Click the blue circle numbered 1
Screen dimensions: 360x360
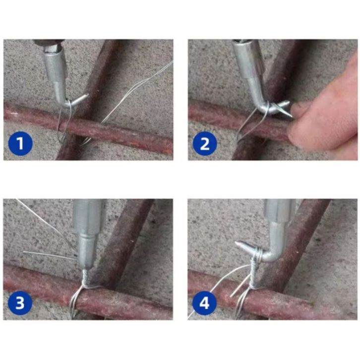[x=20, y=143]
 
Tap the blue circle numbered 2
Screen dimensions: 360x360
[x=205, y=143]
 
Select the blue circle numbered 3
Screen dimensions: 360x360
[x=20, y=302]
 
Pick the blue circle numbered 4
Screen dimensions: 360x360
[x=205, y=302]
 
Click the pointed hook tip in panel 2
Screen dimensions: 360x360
[x=292, y=116]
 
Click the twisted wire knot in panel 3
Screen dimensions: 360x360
[x=85, y=278]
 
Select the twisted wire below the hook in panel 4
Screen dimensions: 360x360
[x=255, y=273]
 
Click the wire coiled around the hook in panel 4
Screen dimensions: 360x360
[x=258, y=254]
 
